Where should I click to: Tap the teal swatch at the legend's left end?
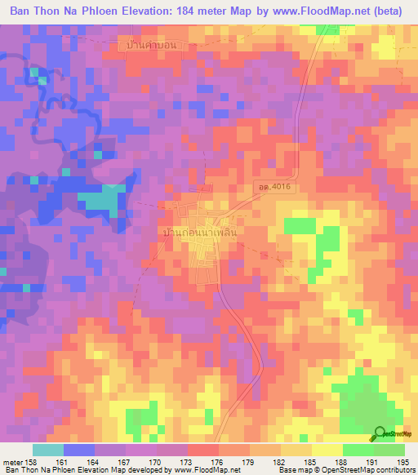tap(48, 450)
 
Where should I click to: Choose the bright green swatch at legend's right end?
tap(389, 450)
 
